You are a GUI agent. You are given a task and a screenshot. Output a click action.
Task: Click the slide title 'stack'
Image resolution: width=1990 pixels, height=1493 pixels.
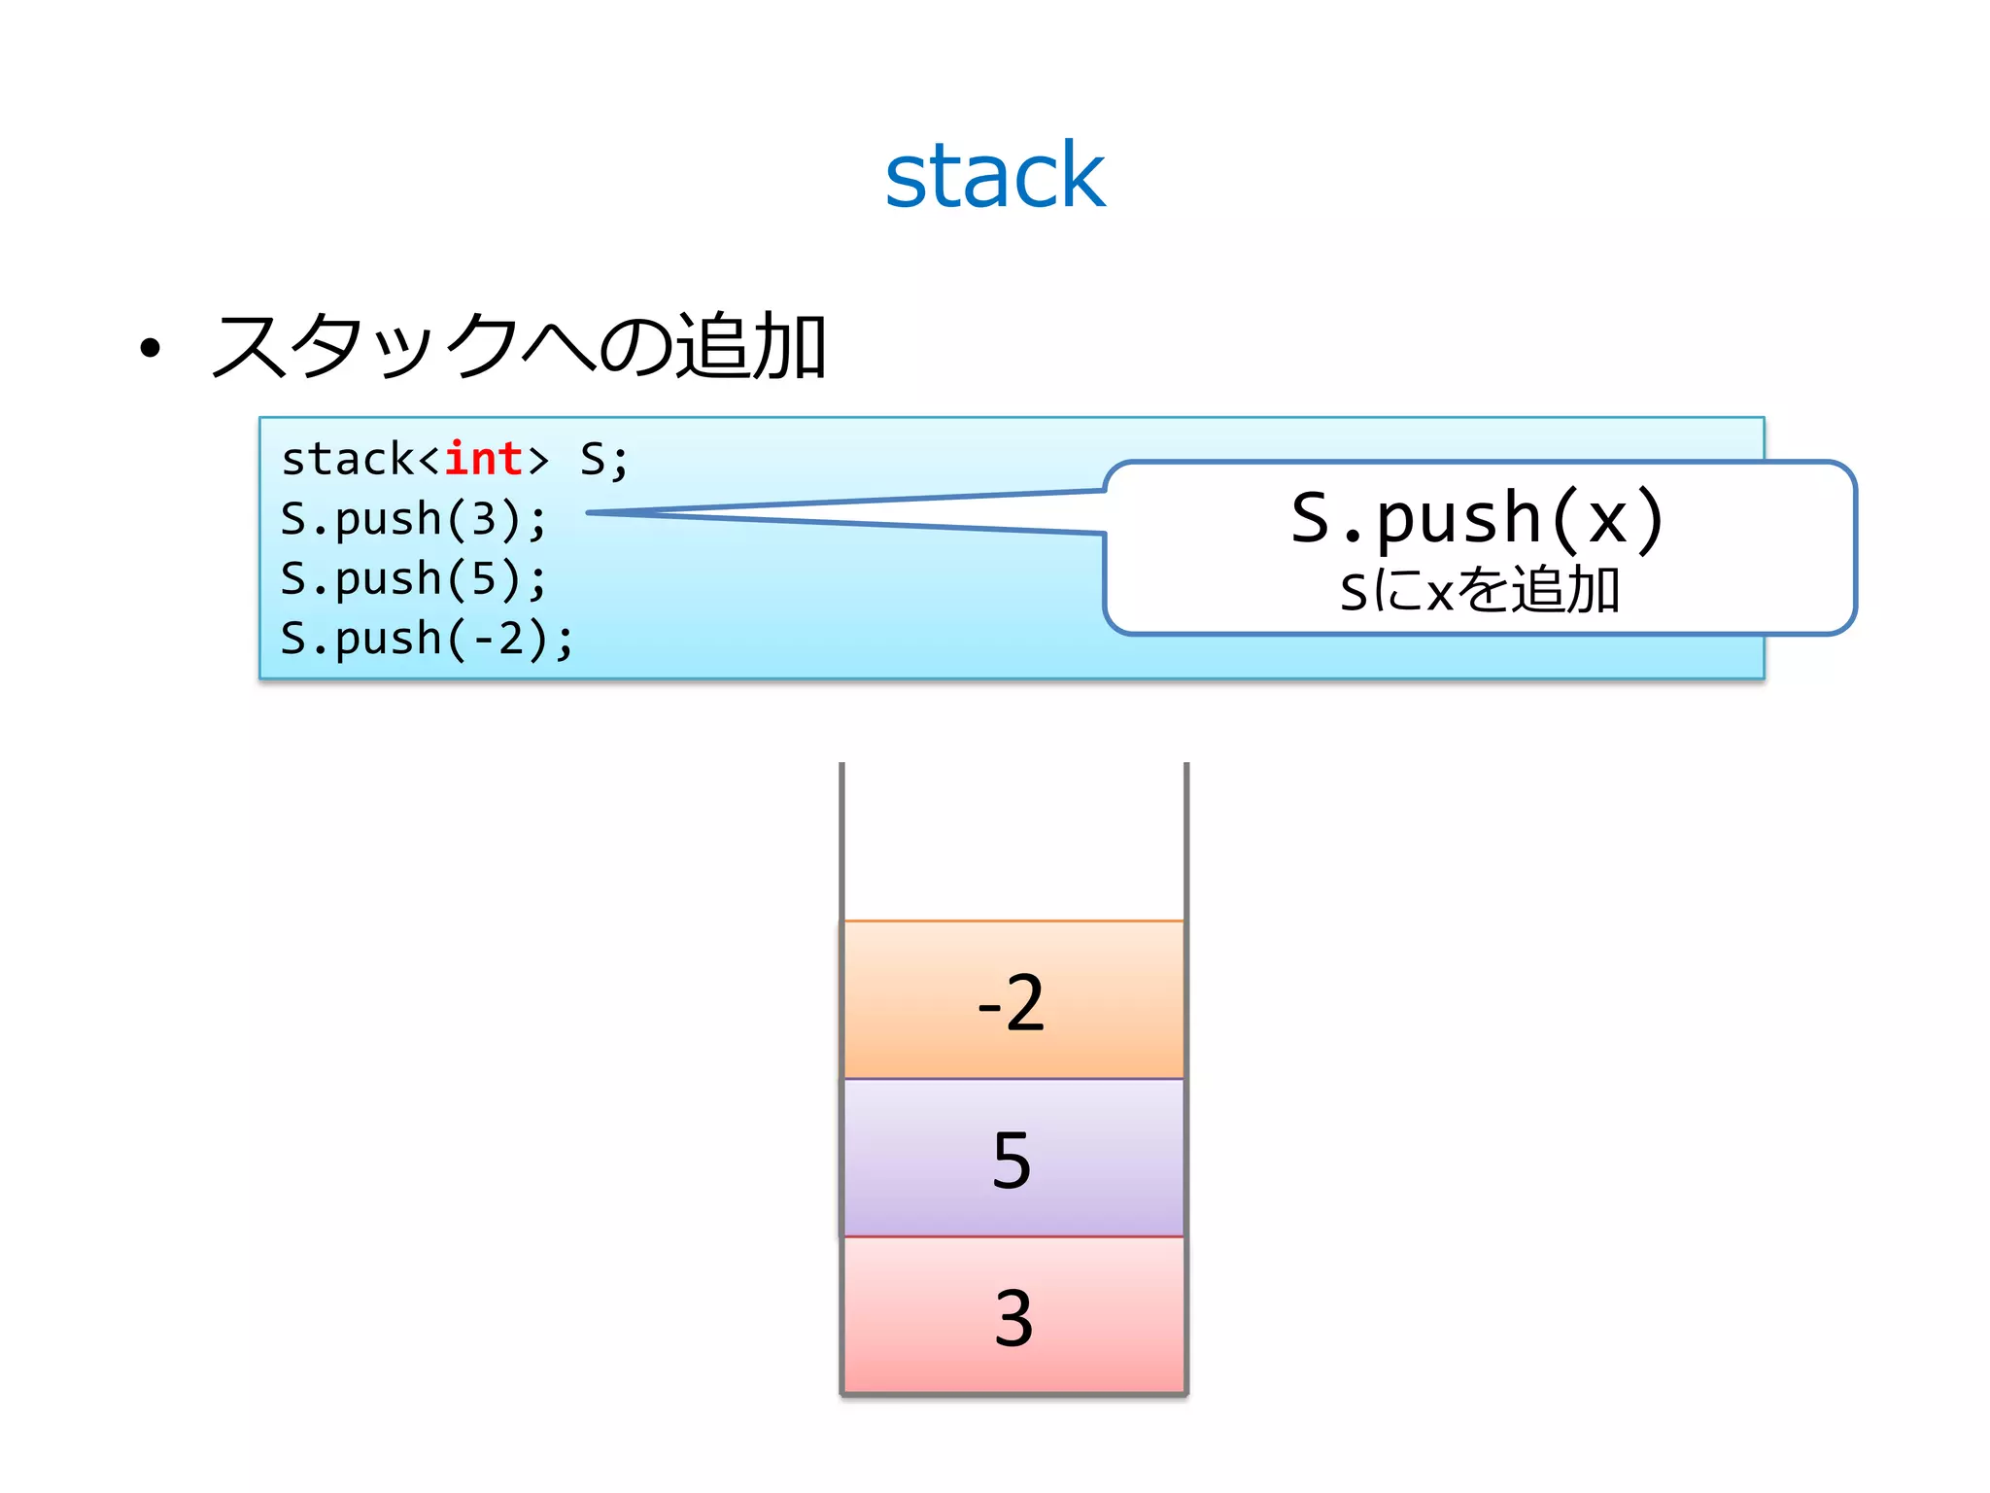click(x=994, y=176)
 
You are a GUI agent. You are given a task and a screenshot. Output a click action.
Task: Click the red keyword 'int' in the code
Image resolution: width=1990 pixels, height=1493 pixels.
click(x=483, y=459)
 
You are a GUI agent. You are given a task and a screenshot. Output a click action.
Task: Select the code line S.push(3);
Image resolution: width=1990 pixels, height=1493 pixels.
click(x=414, y=519)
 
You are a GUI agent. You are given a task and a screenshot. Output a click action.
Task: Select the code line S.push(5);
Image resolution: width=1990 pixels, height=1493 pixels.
click(x=414, y=579)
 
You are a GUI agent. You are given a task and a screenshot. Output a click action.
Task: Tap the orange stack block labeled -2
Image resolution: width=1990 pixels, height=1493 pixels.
click(x=1013, y=999)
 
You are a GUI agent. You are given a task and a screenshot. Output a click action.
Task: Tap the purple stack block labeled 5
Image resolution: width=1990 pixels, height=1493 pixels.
click(x=1013, y=1158)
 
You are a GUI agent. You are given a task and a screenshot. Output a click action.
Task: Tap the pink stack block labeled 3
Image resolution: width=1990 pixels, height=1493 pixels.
click(x=1013, y=1316)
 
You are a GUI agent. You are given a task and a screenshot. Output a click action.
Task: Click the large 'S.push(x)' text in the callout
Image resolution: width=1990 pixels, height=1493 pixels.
click(x=1478, y=518)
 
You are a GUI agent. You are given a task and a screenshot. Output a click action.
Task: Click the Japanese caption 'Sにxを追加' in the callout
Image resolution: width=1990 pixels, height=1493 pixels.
click(x=1480, y=590)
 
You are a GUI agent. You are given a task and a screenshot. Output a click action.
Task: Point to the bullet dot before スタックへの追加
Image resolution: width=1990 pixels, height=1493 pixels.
click(x=150, y=348)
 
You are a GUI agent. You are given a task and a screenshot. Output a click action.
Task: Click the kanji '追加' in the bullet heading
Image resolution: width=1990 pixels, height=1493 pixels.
click(x=750, y=346)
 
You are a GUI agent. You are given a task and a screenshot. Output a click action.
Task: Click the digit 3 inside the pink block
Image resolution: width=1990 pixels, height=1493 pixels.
click(x=1013, y=1318)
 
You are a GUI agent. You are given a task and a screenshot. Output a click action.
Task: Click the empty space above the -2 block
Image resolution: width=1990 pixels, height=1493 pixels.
click(x=1013, y=841)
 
